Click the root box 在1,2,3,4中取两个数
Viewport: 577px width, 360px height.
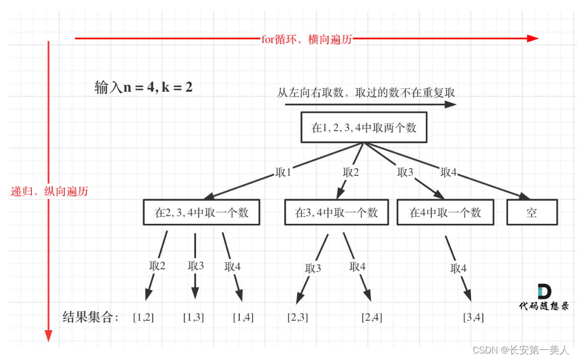(364, 127)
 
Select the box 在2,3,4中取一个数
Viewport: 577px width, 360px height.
(202, 212)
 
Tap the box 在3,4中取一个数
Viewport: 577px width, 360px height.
(337, 212)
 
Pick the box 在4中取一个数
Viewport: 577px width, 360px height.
(445, 212)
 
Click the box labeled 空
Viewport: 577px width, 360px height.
(532, 212)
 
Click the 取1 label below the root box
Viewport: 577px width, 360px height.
(283, 172)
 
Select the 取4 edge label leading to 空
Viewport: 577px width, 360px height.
(448, 172)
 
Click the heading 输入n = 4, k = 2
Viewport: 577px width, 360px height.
(143, 87)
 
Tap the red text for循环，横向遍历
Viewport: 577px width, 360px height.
(306, 39)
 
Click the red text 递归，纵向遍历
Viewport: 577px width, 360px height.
(49, 191)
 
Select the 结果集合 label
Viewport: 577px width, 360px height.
(90, 317)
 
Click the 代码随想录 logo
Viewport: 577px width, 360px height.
(544, 297)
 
